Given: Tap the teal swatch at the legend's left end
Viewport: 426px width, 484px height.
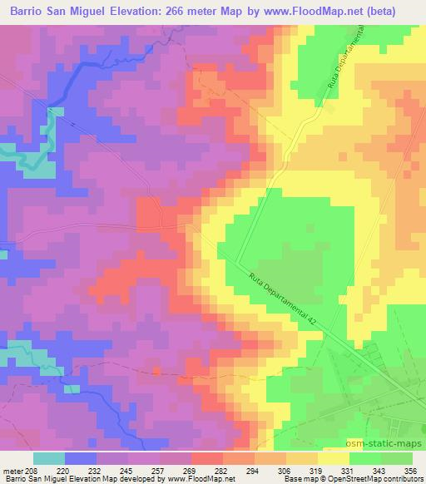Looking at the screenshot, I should click(49, 458).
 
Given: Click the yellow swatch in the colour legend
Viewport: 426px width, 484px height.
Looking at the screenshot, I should click(334, 458).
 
